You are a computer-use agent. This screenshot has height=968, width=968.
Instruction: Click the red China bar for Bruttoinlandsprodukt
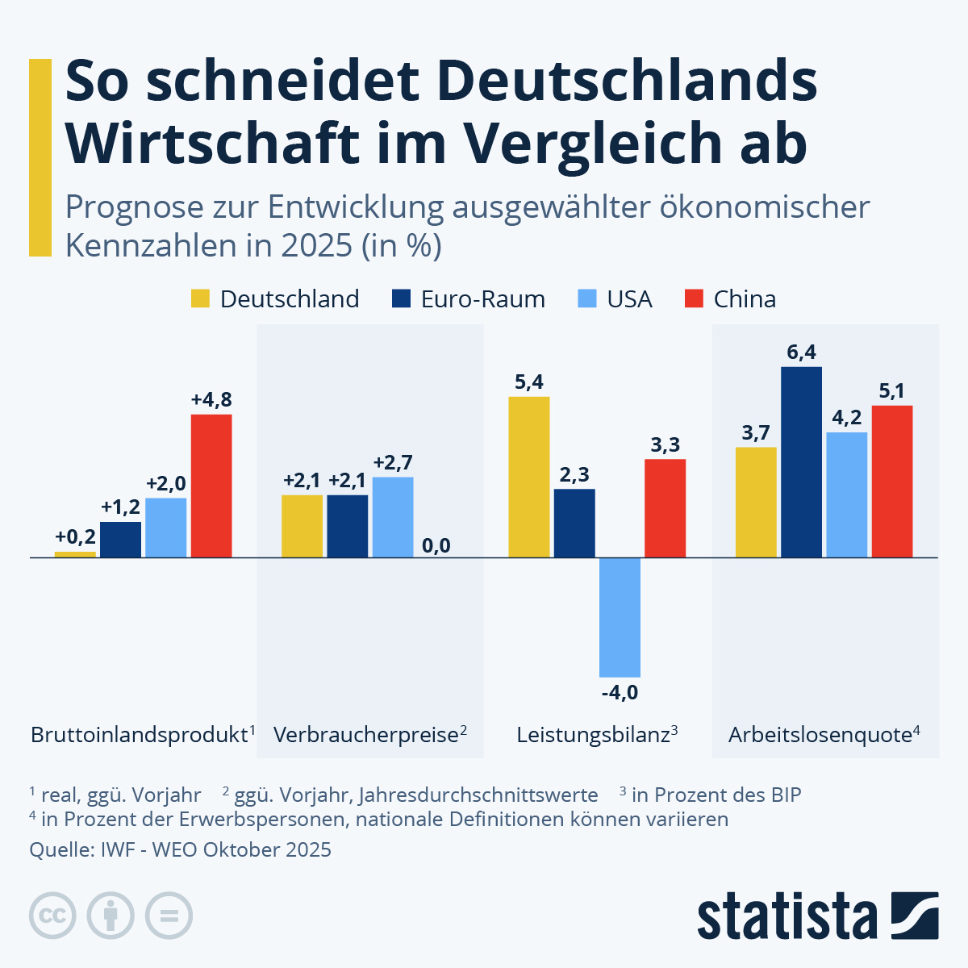click(x=211, y=486)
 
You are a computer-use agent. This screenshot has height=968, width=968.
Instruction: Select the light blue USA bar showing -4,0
click(x=620, y=617)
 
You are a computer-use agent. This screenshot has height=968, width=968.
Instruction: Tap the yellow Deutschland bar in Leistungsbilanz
click(x=529, y=477)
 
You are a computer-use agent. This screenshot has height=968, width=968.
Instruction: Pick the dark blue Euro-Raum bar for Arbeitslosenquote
click(x=801, y=462)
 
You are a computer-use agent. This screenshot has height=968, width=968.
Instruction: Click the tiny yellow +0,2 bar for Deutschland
click(x=75, y=554)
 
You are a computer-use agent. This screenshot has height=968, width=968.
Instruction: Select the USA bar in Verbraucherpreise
click(x=393, y=517)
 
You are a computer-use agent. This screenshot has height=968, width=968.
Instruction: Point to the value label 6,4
click(x=801, y=352)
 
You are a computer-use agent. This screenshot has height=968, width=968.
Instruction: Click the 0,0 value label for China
click(x=436, y=546)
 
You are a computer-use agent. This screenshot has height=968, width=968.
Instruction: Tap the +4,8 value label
click(x=211, y=399)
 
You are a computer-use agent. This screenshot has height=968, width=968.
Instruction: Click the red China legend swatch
click(x=695, y=299)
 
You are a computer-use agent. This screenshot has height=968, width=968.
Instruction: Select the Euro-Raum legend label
click(x=482, y=299)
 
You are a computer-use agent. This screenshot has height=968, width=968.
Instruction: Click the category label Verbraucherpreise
click(x=365, y=735)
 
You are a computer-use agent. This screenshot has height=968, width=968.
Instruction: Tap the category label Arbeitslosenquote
click(x=820, y=735)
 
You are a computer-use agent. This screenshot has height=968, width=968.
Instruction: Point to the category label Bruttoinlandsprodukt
click(x=138, y=735)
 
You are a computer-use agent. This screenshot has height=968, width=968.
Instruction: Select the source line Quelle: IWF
click(x=180, y=849)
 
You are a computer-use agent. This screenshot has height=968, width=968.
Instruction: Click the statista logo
click(x=817, y=916)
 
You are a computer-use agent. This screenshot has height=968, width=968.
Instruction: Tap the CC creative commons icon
click(x=52, y=916)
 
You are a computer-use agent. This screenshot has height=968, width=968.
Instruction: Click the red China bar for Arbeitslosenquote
click(x=892, y=482)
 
